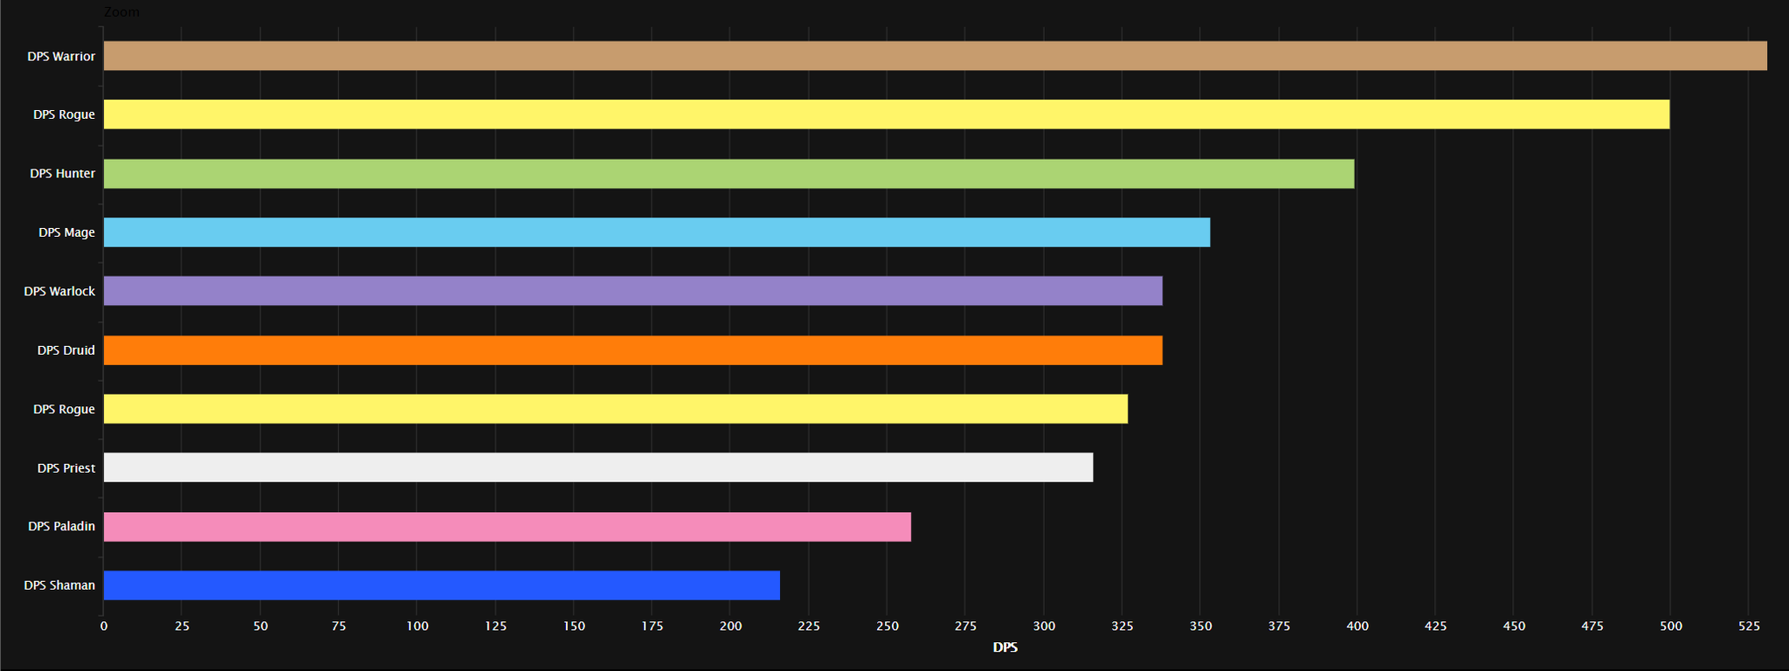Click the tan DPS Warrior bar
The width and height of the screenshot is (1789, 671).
tap(935, 56)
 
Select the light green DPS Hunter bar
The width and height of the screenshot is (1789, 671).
tap(729, 174)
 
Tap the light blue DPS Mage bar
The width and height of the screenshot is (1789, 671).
tap(656, 232)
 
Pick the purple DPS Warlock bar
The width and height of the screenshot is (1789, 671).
tap(632, 291)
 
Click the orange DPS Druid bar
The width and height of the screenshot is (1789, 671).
tap(632, 350)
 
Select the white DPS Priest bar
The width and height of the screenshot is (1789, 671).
tap(597, 467)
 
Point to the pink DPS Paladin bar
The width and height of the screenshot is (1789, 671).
tap(507, 527)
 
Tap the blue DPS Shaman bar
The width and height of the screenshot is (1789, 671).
tap(441, 585)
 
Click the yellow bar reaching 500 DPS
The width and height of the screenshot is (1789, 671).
tap(886, 114)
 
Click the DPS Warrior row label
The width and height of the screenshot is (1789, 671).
tap(61, 56)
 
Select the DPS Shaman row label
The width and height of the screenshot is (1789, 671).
tap(59, 585)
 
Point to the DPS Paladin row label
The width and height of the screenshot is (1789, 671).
tap(61, 526)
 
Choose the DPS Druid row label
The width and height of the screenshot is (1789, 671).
tap(66, 350)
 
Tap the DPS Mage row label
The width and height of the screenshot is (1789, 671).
tap(66, 232)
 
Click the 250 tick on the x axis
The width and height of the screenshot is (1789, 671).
tap(887, 626)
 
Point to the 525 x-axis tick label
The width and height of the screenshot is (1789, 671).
tap(1749, 626)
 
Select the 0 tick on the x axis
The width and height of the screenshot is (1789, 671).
tap(104, 626)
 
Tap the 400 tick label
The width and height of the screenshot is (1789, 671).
tap(1357, 626)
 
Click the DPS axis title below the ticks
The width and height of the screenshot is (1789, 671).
tap(1005, 647)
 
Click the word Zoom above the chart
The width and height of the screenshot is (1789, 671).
tap(121, 12)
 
